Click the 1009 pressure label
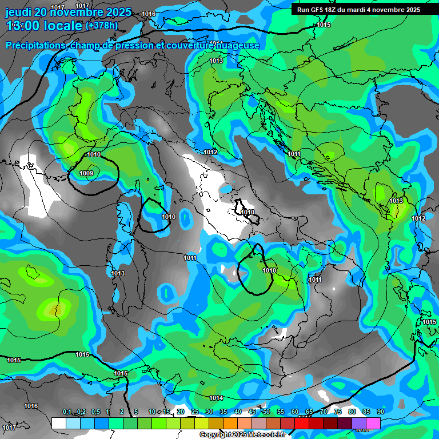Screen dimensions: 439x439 [x=86, y=173]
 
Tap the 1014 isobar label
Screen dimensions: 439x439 [x=215, y=398]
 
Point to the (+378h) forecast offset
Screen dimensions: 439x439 [x=101, y=26]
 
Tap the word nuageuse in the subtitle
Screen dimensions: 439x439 [x=238, y=46]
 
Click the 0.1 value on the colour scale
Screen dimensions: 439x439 [x=67, y=412]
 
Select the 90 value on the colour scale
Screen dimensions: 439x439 [x=381, y=412]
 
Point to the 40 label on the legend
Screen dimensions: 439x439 [x=238, y=412]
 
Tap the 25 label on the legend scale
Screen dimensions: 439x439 [x=195, y=412]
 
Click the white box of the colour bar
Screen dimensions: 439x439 [x=58, y=423]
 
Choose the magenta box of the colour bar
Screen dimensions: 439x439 [x=373, y=423]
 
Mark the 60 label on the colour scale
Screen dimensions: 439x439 [x=295, y=412]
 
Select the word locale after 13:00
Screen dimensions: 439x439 [x=63, y=26]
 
